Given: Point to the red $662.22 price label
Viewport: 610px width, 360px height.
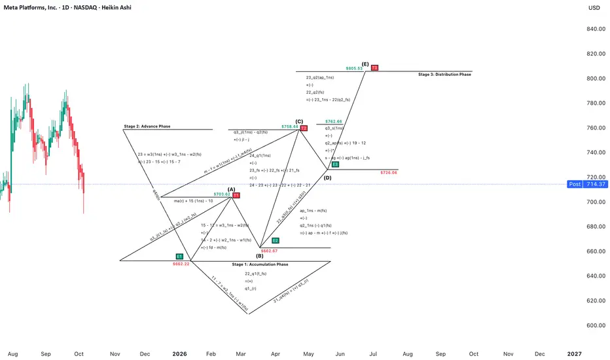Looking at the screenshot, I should pyautogui.click(x=181, y=264).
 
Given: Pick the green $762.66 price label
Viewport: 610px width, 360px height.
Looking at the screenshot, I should pyautogui.click(x=334, y=121).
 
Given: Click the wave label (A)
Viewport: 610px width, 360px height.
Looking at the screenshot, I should pyautogui.click(x=231, y=189).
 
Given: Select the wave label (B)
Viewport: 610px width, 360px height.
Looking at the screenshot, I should pyautogui.click(x=259, y=256).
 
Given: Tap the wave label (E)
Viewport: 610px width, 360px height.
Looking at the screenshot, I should pyautogui.click(x=365, y=63).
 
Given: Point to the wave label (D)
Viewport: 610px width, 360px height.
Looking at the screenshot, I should pyautogui.click(x=327, y=177).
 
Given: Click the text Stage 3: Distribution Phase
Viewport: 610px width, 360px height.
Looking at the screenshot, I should pyautogui.click(x=444, y=75).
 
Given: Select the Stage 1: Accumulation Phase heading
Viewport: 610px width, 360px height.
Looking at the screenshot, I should pyautogui.click(x=260, y=264).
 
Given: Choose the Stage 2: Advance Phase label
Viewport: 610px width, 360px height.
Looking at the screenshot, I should pyautogui.click(x=147, y=126).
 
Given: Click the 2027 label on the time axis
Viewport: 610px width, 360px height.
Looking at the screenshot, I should pyautogui.click(x=574, y=353).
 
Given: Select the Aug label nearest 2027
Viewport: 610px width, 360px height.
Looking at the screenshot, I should pyautogui.click(x=408, y=353).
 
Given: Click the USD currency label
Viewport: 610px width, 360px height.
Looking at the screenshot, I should pyautogui.click(x=594, y=9).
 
